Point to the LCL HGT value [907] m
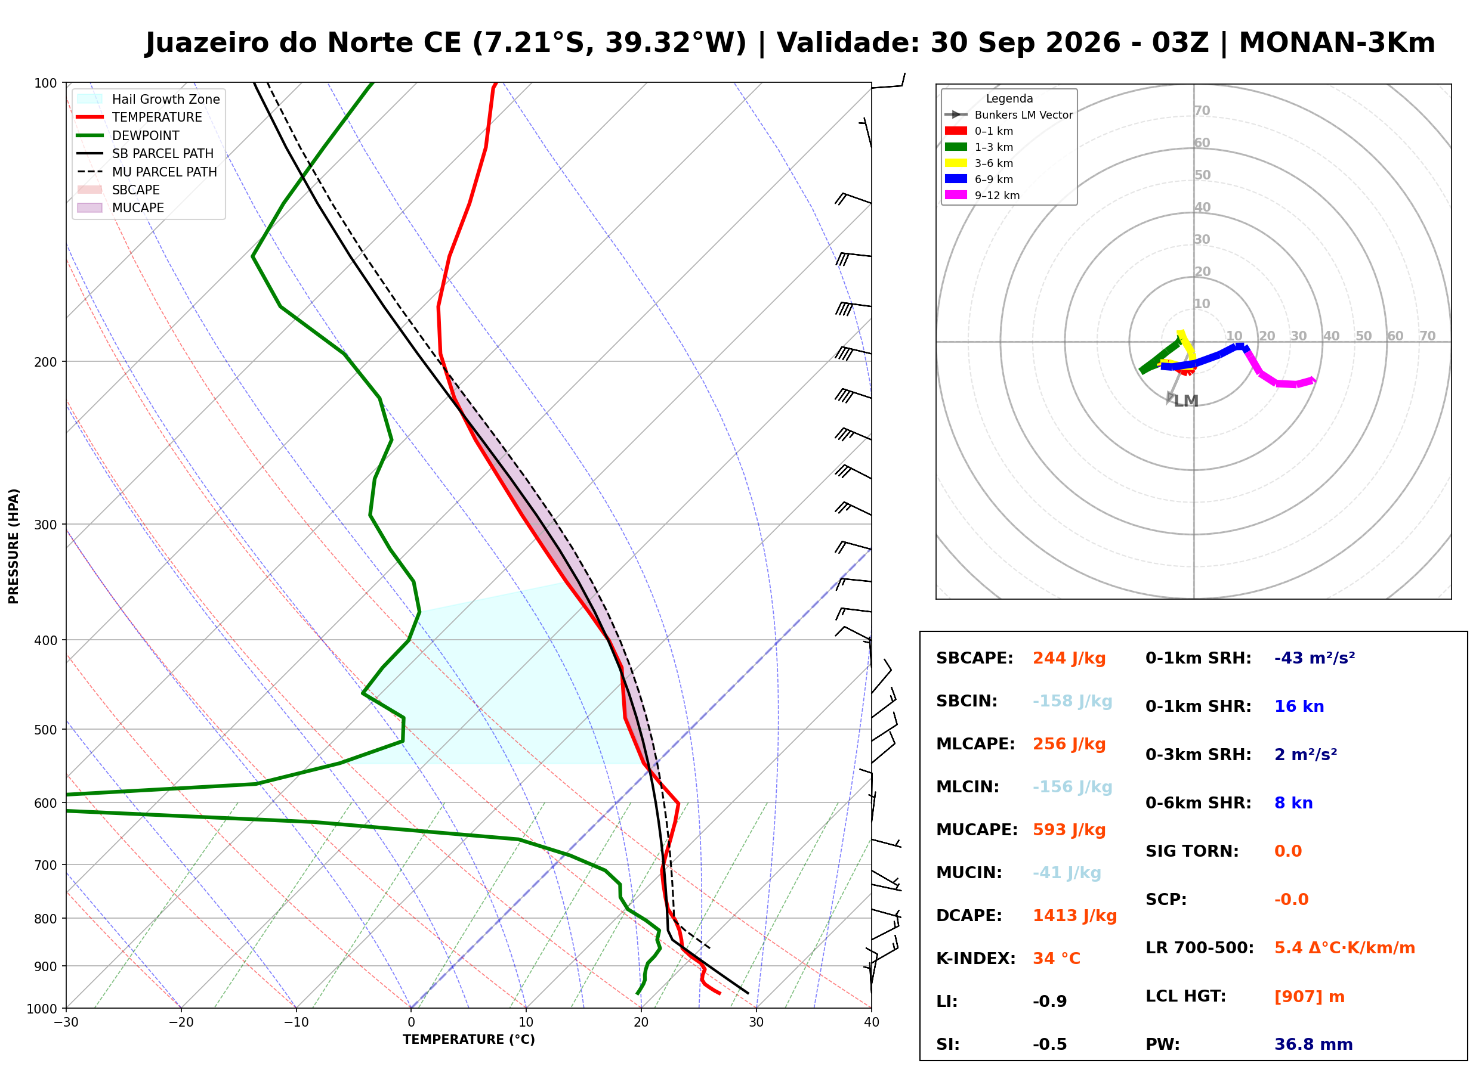(x=1309, y=997)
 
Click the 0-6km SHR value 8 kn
(x=1293, y=804)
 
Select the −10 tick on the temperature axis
(x=296, y=1023)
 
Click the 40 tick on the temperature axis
(x=872, y=1023)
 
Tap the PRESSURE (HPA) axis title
(x=14, y=547)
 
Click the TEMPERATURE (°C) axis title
(x=469, y=1040)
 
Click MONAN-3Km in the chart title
(x=1336, y=43)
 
